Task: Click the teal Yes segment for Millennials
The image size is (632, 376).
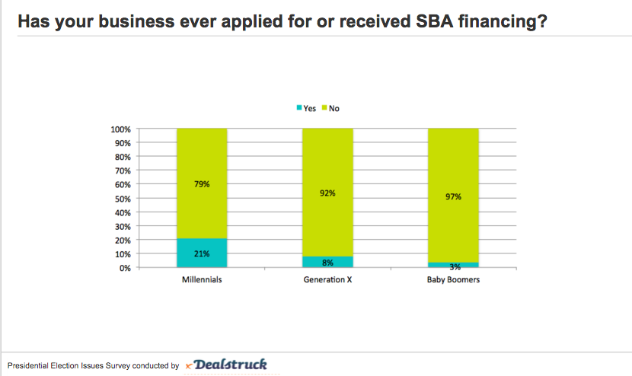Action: [202, 253]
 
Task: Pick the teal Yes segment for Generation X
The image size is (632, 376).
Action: [327, 262]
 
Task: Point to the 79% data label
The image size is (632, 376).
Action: [202, 183]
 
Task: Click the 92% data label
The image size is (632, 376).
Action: [327, 193]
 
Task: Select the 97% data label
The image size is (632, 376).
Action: [453, 197]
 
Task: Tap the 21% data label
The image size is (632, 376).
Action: [202, 253]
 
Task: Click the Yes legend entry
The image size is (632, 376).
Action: [306, 108]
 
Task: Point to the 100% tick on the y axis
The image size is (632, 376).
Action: [121, 129]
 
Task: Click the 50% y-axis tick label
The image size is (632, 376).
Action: [123, 199]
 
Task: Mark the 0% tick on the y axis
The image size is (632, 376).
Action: [126, 268]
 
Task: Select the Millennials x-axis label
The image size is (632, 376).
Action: [202, 280]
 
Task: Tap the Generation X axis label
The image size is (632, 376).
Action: [327, 280]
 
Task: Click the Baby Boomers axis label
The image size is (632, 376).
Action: [453, 280]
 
